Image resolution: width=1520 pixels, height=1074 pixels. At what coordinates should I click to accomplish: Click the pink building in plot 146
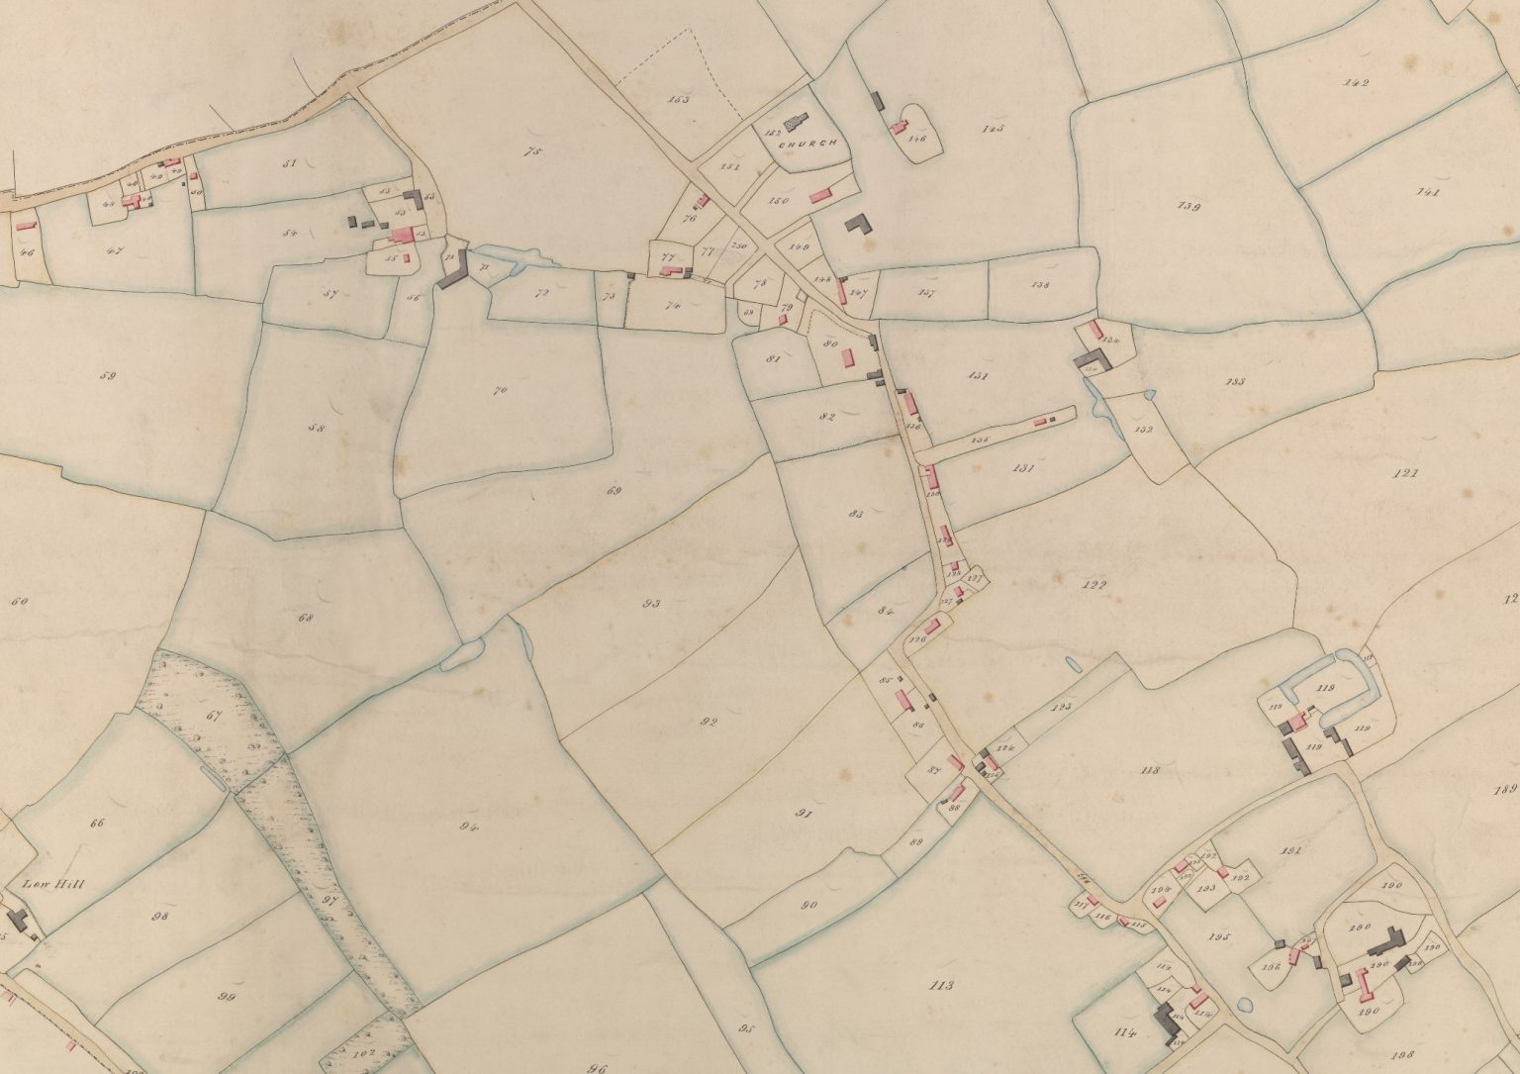click(x=900, y=128)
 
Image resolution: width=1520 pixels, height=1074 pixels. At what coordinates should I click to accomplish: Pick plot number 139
click(x=1188, y=207)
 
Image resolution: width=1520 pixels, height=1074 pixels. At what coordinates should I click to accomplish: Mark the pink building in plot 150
click(x=819, y=197)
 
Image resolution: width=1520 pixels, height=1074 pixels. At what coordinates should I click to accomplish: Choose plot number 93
click(x=650, y=603)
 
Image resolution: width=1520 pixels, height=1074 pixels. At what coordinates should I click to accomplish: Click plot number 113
click(x=941, y=985)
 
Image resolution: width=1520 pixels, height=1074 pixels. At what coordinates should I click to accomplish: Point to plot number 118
click(x=1149, y=769)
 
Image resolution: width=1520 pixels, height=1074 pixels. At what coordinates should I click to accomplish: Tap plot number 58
click(x=317, y=429)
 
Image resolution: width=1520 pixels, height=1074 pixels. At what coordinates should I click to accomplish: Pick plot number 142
click(x=1356, y=83)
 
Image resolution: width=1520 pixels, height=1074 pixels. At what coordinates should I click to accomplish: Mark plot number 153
click(x=678, y=99)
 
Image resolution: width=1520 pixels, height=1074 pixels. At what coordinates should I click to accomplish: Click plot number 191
click(x=1288, y=850)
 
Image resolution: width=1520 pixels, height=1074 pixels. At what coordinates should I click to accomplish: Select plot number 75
click(x=535, y=151)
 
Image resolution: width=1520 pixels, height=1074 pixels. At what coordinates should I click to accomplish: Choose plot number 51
click(x=289, y=162)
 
